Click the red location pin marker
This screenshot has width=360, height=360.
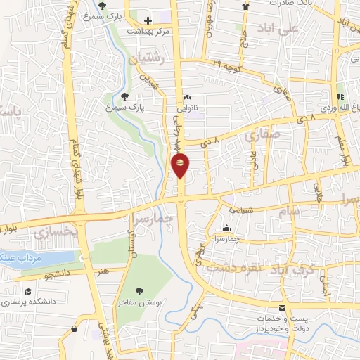coord(180,165)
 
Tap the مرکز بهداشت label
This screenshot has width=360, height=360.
coord(146,32)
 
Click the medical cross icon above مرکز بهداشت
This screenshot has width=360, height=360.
coord(147,20)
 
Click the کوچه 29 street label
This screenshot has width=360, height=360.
coord(228,64)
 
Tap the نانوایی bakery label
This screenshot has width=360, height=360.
coord(188,109)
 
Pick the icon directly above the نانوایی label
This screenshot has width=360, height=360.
coord(186,98)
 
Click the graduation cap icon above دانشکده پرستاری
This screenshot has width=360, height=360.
coord(27,292)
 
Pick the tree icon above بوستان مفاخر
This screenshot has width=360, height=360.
coord(140,290)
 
